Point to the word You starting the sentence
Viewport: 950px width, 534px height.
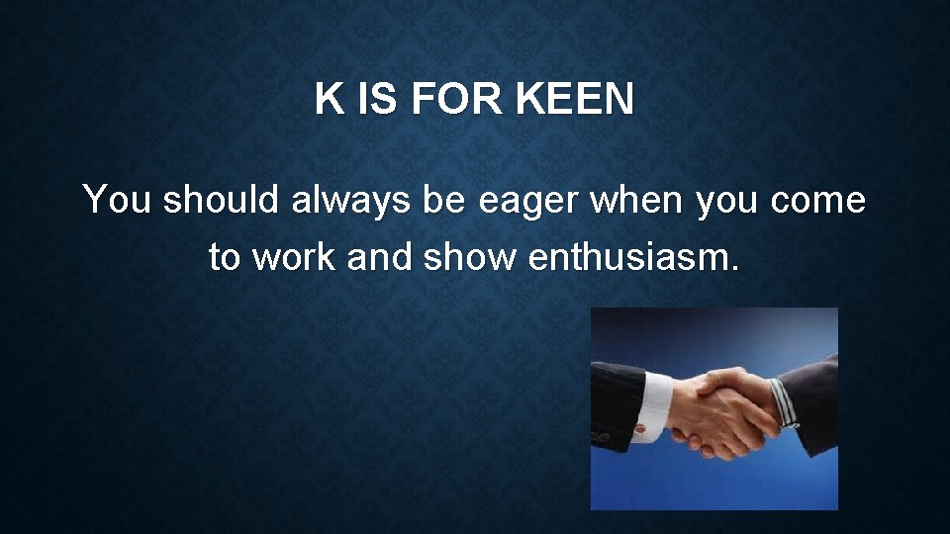(x=117, y=200)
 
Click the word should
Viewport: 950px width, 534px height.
(x=222, y=200)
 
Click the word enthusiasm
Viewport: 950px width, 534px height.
(x=634, y=257)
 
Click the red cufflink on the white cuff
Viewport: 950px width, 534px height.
(x=640, y=428)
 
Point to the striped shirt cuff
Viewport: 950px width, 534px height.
(x=784, y=401)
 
